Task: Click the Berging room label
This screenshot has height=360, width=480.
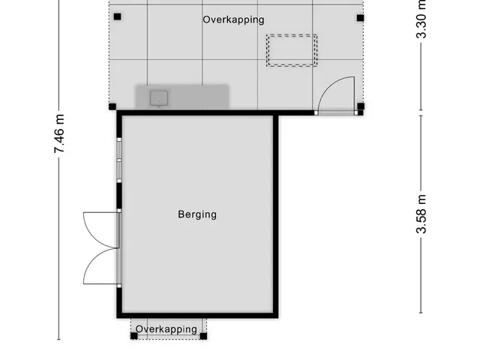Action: pyautogui.click(x=197, y=214)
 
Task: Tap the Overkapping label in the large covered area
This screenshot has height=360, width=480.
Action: pyautogui.click(x=233, y=20)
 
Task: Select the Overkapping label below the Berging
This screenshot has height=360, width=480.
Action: pyautogui.click(x=166, y=329)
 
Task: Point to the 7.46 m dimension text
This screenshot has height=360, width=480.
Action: pyautogui.click(x=59, y=133)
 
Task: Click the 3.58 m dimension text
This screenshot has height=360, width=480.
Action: pyautogui.click(x=421, y=214)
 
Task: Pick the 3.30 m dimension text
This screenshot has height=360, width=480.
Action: pyautogui.click(x=421, y=19)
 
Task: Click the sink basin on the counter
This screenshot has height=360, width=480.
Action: pyautogui.click(x=159, y=98)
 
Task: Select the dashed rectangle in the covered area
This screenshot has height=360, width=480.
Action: pyautogui.click(x=292, y=50)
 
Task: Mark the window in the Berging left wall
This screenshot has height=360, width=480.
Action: pyautogui.click(x=119, y=160)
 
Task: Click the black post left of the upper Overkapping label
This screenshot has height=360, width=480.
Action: pyautogui.click(x=117, y=16)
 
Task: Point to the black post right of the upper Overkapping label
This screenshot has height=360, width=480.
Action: pyautogui.click(x=360, y=18)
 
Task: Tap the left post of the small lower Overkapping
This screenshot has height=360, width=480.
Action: pyautogui.click(x=134, y=336)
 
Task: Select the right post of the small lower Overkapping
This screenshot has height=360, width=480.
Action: pyautogui.click(x=203, y=336)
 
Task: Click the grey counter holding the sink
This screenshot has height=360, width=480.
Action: pyautogui.click(x=182, y=97)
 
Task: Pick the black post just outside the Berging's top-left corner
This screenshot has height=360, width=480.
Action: pyautogui.click(x=112, y=106)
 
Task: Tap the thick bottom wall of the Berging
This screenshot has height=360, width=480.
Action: pyautogui.click(x=197, y=316)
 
